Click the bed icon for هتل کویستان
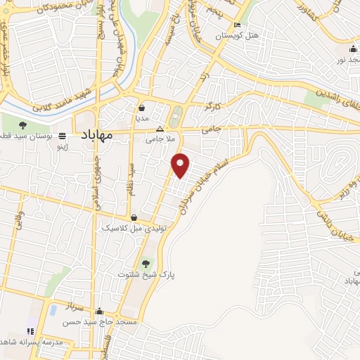(x=237, y=26)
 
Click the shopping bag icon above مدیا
(x=142, y=109)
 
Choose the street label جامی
(x=211, y=129)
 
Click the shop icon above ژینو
(x=63, y=136)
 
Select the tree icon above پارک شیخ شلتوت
(x=146, y=263)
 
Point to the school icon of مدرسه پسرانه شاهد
(x=30, y=331)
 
